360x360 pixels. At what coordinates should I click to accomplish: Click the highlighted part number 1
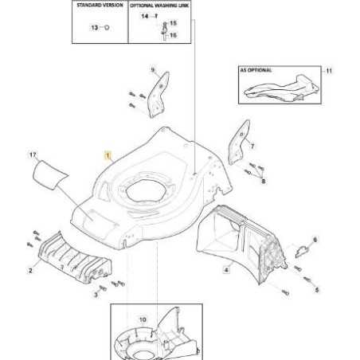click(x=108, y=155)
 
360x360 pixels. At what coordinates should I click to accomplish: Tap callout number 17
click(x=33, y=155)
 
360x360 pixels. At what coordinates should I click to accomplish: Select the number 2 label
click(x=30, y=271)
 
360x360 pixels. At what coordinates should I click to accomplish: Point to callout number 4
click(x=226, y=270)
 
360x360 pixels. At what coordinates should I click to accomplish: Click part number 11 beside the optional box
click(x=329, y=71)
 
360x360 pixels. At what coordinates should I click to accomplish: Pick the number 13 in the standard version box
click(x=95, y=28)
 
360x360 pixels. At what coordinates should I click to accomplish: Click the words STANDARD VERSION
click(x=100, y=5)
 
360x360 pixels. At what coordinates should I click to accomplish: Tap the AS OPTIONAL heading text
click(x=256, y=70)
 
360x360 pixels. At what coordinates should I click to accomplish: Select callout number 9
click(x=153, y=70)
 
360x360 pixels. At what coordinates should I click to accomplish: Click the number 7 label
click(x=252, y=146)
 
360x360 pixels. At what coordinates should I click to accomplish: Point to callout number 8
click(x=264, y=181)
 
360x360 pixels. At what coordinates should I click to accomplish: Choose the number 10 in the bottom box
click(x=143, y=319)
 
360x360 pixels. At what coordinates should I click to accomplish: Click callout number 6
click(x=315, y=240)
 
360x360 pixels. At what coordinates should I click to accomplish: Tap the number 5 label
click(x=317, y=290)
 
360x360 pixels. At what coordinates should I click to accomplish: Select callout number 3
click(x=96, y=295)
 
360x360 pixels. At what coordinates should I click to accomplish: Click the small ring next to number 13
click(x=107, y=27)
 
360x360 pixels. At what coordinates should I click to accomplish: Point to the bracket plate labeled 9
click(x=158, y=95)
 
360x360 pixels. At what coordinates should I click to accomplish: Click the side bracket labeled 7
click(x=239, y=143)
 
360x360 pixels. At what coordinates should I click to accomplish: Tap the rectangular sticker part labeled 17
click(x=49, y=175)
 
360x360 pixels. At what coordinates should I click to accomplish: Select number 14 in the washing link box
click(x=145, y=16)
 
